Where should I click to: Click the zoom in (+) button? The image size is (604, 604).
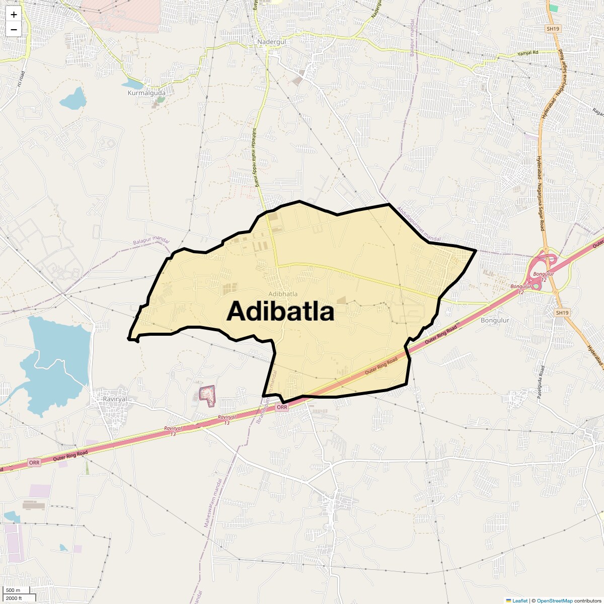click(x=14, y=15)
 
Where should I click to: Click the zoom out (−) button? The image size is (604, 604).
click(x=14, y=29)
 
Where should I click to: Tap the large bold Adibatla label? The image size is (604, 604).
click(x=280, y=312)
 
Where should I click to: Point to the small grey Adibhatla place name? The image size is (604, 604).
click(x=283, y=293)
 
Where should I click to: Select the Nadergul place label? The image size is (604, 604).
click(x=271, y=42)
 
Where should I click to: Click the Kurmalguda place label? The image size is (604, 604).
click(x=146, y=93)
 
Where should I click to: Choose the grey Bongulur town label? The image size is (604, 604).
click(x=495, y=320)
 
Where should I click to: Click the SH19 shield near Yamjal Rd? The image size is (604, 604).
click(x=553, y=29)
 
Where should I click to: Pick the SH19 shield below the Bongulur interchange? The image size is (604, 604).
click(x=562, y=313)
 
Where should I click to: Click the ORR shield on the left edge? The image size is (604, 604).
click(x=34, y=463)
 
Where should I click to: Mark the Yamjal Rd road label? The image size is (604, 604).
click(x=527, y=53)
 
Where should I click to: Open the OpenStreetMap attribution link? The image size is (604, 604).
click(x=554, y=600)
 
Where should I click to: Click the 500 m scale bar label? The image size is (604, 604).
click(x=13, y=590)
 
